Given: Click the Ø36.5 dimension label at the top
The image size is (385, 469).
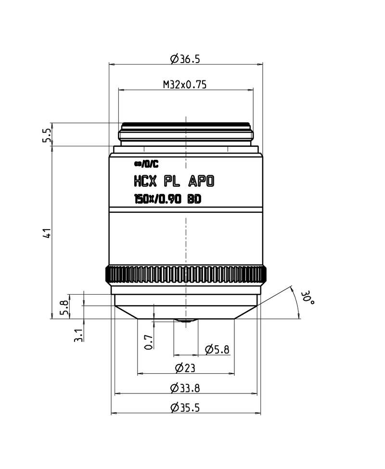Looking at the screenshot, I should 185,59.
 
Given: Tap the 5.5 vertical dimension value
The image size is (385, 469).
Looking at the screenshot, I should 47,135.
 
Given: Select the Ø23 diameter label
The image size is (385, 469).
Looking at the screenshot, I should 185,368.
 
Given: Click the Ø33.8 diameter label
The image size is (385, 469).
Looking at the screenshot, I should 185,388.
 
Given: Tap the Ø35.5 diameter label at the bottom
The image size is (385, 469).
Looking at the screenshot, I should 185,408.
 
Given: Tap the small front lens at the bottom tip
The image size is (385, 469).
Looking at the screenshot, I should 185,320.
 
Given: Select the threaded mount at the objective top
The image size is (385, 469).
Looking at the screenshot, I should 185,132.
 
